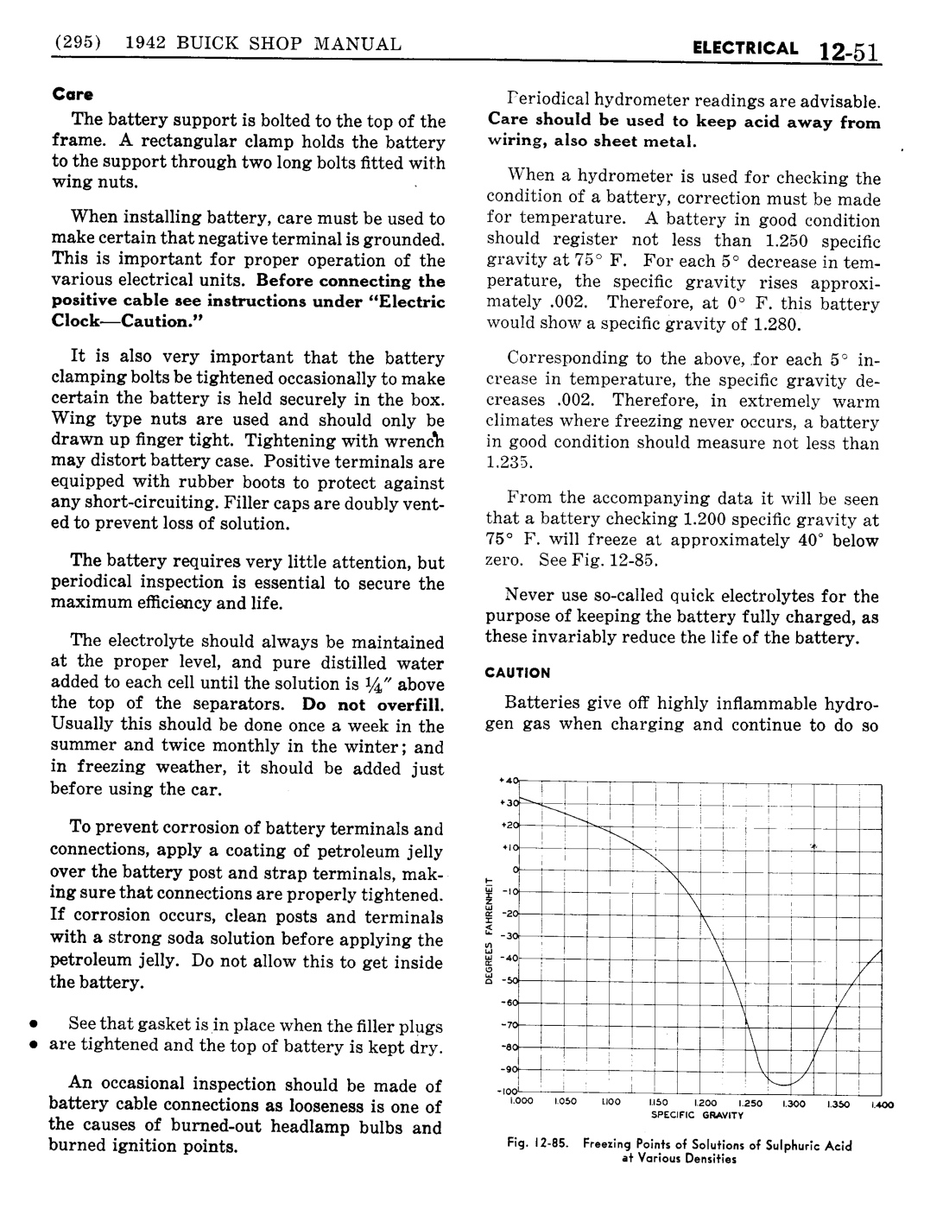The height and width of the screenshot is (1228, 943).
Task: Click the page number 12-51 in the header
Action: point(849,52)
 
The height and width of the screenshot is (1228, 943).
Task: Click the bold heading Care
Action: point(73,93)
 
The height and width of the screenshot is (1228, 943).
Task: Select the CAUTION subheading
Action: point(517,672)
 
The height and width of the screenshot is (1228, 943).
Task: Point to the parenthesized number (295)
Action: point(79,43)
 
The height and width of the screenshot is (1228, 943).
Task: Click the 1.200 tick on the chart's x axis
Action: point(706,1104)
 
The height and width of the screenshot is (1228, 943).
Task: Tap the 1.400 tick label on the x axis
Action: point(883,1104)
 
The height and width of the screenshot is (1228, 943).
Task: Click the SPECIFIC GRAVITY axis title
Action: point(697,1115)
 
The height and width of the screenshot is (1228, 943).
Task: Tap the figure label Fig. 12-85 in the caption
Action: point(540,1146)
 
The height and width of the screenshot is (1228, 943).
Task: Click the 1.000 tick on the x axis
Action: point(518,1104)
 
